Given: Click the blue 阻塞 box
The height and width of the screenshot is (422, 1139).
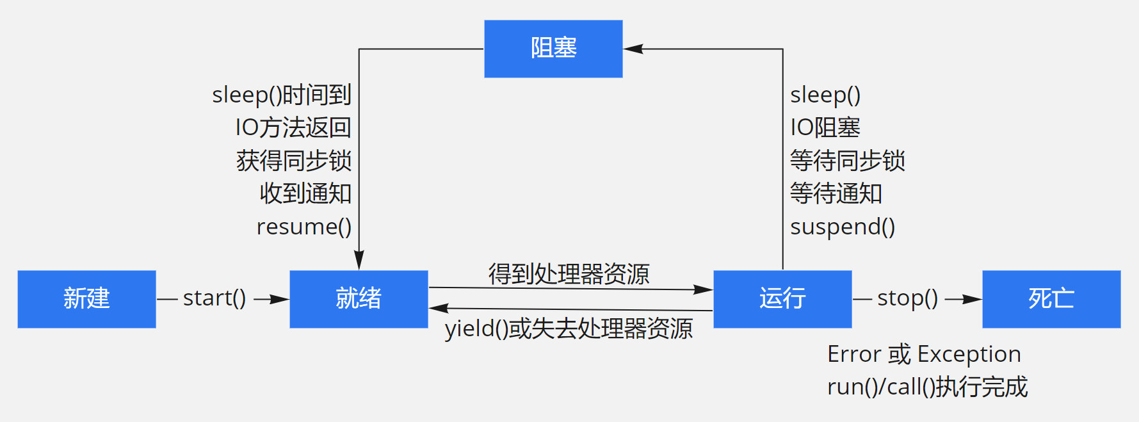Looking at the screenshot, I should [x=553, y=49].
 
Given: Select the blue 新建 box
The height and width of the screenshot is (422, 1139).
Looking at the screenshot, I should [x=86, y=299].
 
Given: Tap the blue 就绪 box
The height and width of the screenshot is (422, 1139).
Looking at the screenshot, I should [x=359, y=299].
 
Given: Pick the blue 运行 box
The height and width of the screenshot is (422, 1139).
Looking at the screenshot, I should [x=782, y=299].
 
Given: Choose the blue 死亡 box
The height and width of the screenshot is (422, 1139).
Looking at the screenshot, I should [x=1051, y=299].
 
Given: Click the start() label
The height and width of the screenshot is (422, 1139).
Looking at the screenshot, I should [x=214, y=298].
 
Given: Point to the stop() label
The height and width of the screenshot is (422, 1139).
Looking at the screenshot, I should [x=907, y=298].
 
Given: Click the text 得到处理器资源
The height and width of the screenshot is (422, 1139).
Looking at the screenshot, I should [x=569, y=274].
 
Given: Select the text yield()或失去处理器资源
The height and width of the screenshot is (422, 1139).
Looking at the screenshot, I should [x=569, y=329].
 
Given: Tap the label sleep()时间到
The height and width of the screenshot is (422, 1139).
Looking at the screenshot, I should [x=282, y=95].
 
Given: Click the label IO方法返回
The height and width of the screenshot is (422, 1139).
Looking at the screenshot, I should [x=293, y=127].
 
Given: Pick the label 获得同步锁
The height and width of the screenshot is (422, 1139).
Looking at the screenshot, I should [x=294, y=161].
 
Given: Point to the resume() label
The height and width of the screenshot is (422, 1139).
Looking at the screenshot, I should [x=304, y=227].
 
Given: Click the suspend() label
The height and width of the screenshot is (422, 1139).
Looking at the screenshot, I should [x=843, y=227].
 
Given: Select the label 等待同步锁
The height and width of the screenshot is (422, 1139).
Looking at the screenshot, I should [x=848, y=161].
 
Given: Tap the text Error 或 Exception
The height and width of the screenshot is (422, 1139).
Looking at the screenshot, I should [x=924, y=354].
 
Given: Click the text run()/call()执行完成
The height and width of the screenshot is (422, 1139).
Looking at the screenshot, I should [x=927, y=387].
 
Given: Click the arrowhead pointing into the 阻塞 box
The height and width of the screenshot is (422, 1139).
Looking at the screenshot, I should [x=633, y=49].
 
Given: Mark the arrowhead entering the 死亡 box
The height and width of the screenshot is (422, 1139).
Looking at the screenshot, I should [x=973, y=299].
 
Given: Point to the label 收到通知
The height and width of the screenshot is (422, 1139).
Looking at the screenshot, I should [x=305, y=193].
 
